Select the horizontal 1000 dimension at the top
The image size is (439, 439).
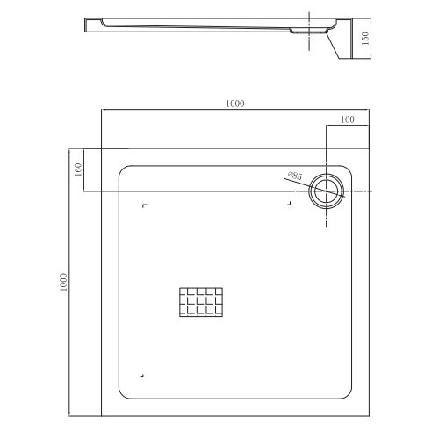coord(234,104)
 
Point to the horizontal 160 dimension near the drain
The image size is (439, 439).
coord(348,119)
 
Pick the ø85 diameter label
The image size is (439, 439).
coord(294,176)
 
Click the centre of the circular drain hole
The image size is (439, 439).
coord(326,191)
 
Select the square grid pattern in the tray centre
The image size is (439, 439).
coord(200,303)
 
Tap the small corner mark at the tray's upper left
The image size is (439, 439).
coord(145,207)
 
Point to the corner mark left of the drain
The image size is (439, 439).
coord(288,205)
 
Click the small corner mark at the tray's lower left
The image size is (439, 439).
coord(143,375)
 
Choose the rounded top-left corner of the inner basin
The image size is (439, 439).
coord(123,169)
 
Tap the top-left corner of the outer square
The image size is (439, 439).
coord(102,148)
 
